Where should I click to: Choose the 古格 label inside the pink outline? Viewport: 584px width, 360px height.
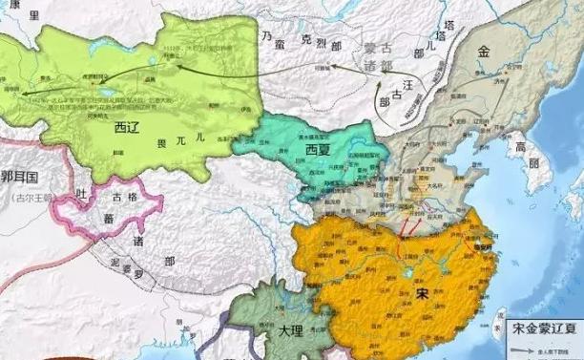click(126, 197)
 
